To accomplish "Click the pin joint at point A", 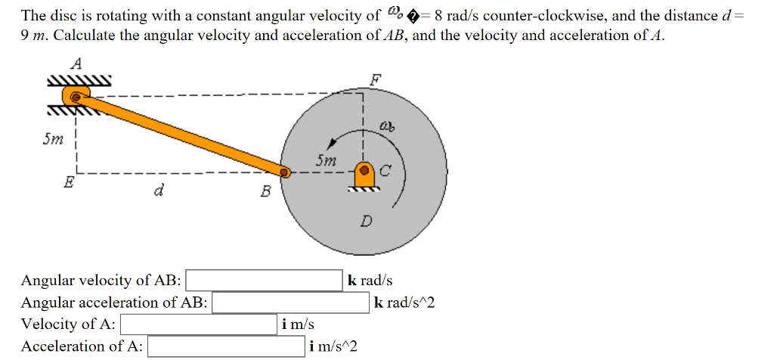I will pyautogui.click(x=76, y=96).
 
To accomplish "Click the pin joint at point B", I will pyautogui.click(x=285, y=172).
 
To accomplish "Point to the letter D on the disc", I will pyautogui.click(x=366, y=222).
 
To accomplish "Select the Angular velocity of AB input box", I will pyautogui.click(x=265, y=281).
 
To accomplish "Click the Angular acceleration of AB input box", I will pyautogui.click(x=290, y=303).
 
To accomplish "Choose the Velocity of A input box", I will pyautogui.click(x=199, y=324).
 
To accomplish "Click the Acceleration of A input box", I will pyautogui.click(x=227, y=346).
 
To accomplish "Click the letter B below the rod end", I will pyautogui.click(x=265, y=191).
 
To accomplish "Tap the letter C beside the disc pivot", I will pyautogui.click(x=385, y=172).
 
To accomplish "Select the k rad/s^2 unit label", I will pyautogui.click(x=405, y=303).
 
